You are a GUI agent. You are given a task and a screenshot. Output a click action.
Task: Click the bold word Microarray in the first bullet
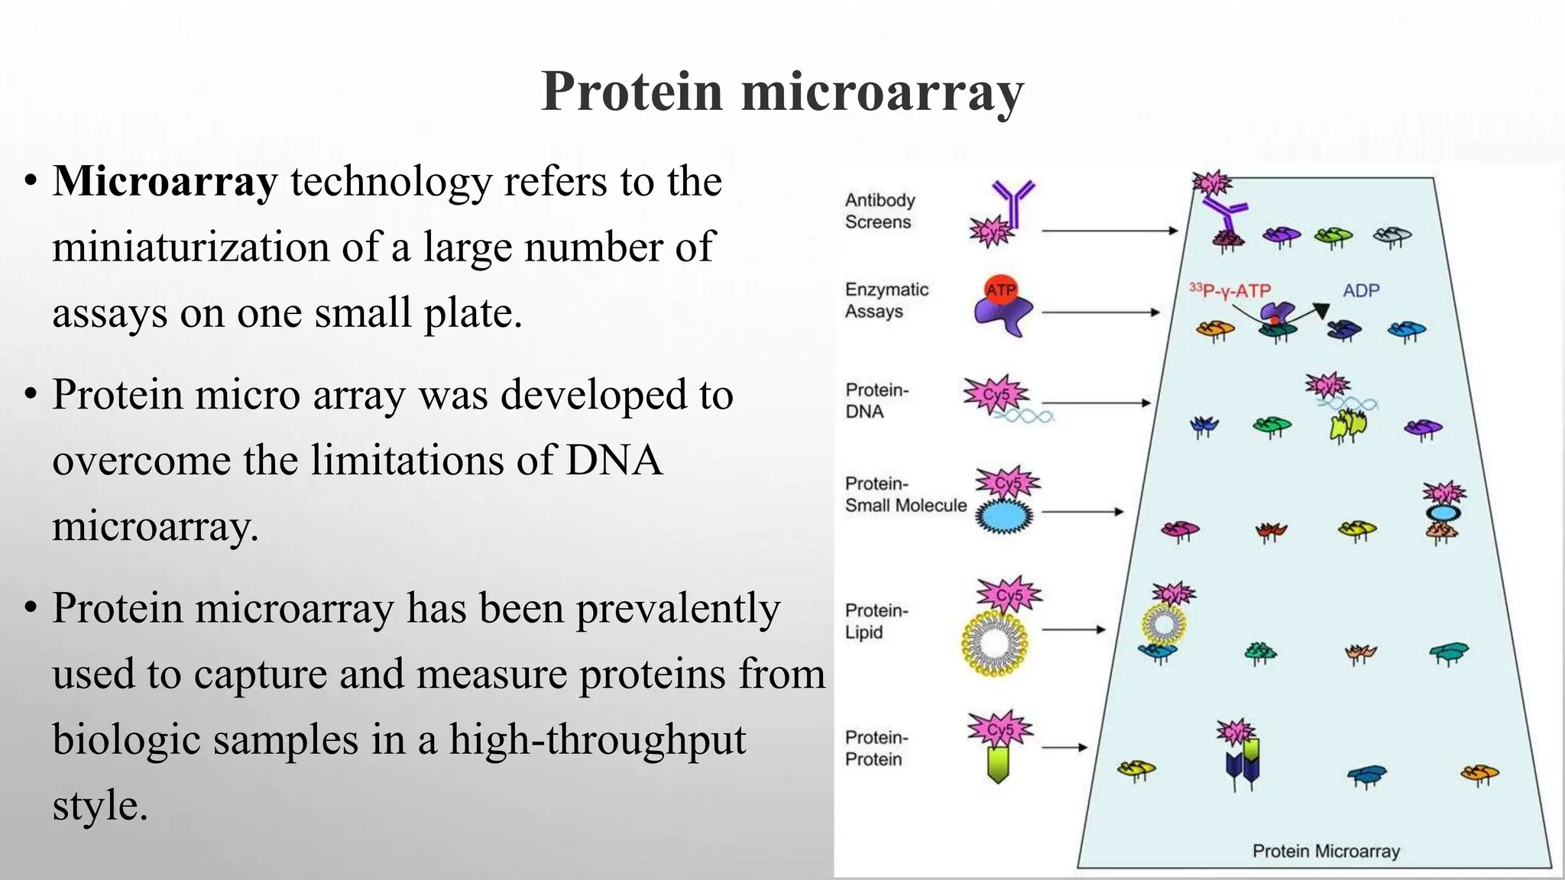pos(164,182)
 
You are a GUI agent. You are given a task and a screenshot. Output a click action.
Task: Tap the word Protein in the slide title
pos(631,92)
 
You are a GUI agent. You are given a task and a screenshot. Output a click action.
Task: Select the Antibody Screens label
pos(879,211)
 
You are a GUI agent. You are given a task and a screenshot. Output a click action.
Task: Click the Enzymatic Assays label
pos(886,300)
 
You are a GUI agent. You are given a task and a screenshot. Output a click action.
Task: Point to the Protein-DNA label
pos(876,400)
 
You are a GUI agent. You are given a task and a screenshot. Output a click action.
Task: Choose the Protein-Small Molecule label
pos(905,494)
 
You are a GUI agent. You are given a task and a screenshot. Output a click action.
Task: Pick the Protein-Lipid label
pos(876,621)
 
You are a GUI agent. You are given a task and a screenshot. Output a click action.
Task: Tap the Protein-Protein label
pos(876,748)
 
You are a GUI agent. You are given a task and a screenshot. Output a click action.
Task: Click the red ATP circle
pos(1000,290)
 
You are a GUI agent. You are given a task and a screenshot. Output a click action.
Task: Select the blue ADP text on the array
pos(1361,290)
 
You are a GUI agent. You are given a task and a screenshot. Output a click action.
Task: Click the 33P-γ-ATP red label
pos(1230,290)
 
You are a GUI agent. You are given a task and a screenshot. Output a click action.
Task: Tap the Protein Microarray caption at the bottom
pos(1325,851)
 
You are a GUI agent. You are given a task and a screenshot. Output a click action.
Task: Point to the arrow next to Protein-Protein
pos(1064,748)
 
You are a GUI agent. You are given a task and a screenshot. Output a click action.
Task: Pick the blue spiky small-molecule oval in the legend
pos(1005,516)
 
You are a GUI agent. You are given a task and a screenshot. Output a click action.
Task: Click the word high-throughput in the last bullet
pos(598,739)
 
